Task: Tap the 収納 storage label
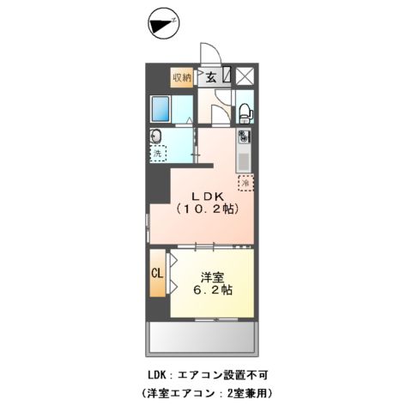click(x=181, y=77)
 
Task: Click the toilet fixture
click(x=244, y=111)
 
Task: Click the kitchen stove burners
click(x=245, y=136)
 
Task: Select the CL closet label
click(x=157, y=274)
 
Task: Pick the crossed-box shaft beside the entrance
click(x=245, y=76)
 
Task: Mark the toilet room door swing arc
click(x=221, y=108)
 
